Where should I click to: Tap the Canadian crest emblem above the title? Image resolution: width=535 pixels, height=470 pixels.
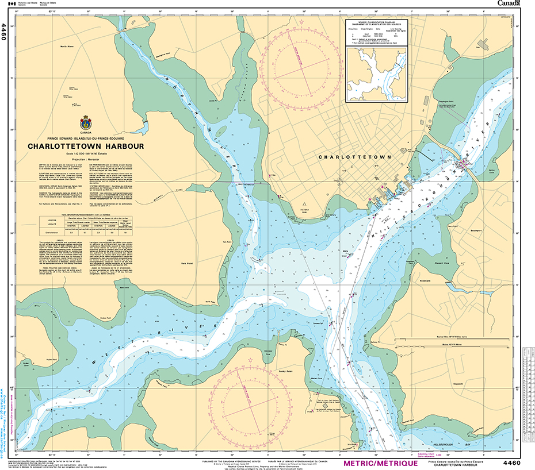[x=86, y=122]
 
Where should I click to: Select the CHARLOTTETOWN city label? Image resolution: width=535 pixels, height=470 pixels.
[x=354, y=157]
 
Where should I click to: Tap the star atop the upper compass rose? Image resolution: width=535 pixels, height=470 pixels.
[x=303, y=22]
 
